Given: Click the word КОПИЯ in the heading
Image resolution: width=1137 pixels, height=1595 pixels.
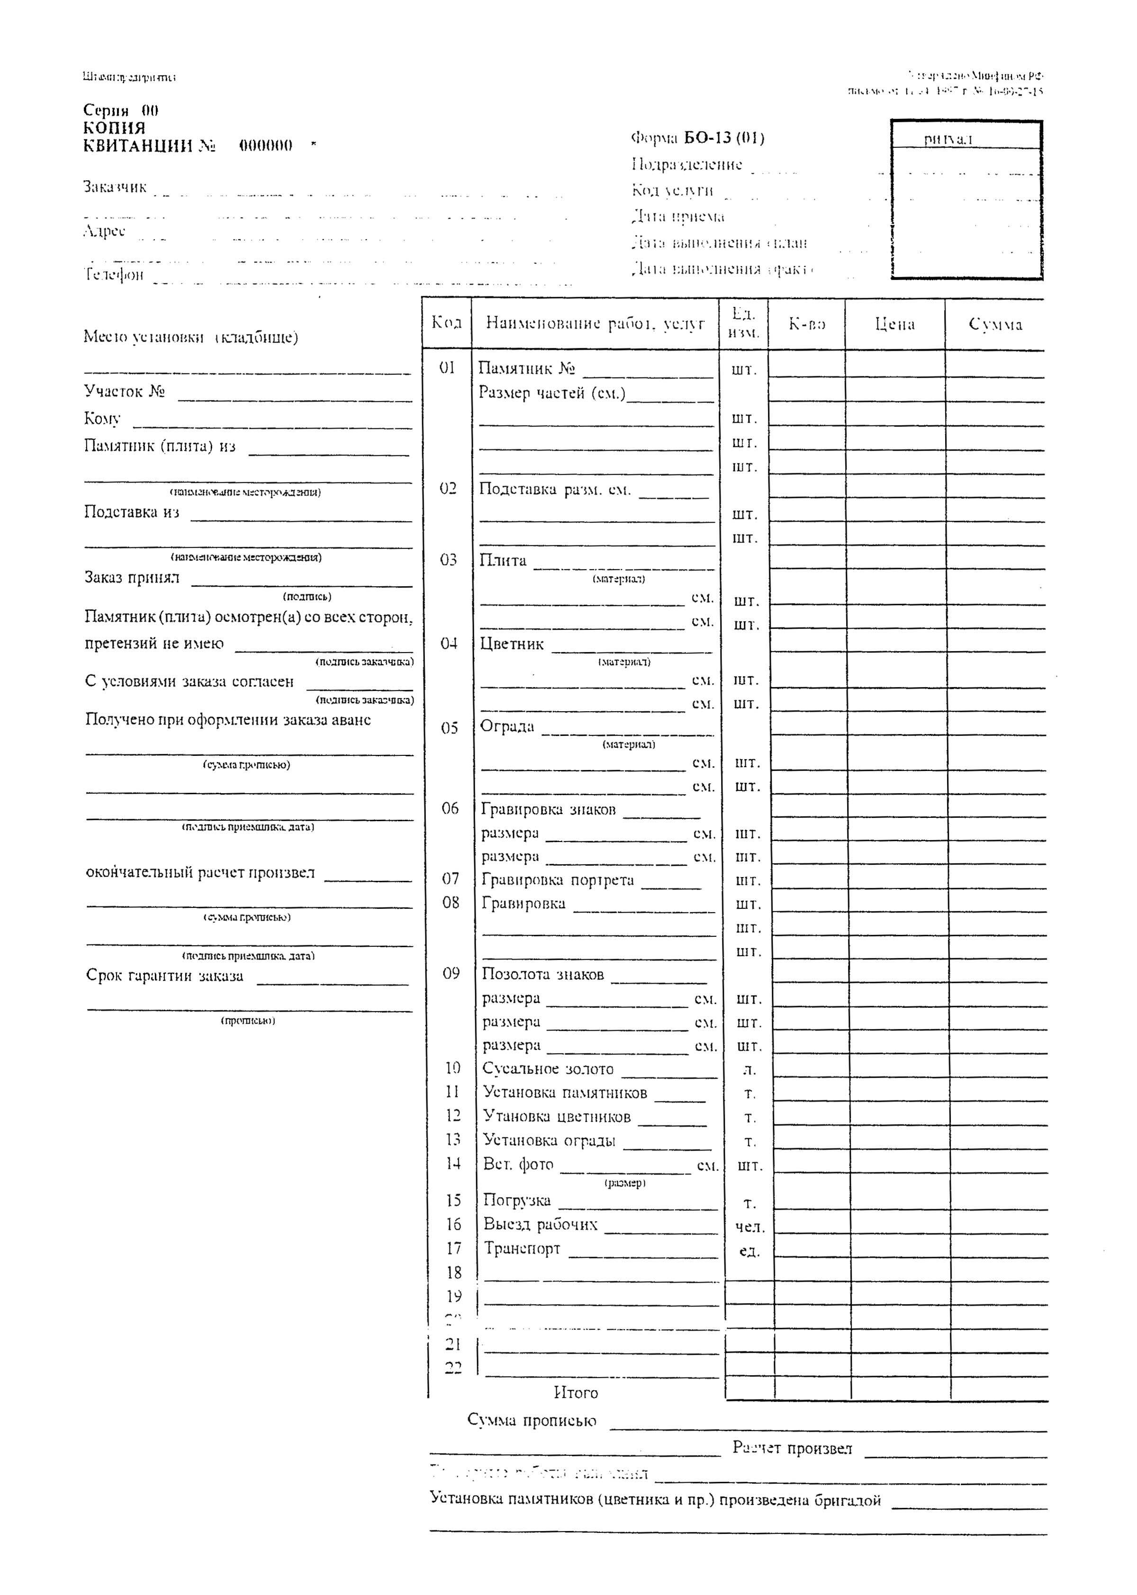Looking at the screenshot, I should coord(114,128).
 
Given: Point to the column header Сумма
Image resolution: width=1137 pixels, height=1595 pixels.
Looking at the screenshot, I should coord(995,324).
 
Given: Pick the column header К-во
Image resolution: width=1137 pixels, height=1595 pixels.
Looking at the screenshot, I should coord(806,324).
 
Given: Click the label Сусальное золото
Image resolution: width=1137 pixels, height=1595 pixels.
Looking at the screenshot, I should coord(548,1069).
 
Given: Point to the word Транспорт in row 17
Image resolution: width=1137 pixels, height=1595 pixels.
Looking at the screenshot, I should coord(522,1249).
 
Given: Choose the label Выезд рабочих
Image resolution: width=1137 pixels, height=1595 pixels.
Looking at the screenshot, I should coord(541,1224).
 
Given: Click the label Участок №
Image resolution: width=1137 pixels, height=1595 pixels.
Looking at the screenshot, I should coord(125,391).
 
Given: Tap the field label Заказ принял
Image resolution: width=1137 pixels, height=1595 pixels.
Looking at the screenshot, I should coord(132,578).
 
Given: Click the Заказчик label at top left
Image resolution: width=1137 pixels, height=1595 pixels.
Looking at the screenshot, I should coord(115,187).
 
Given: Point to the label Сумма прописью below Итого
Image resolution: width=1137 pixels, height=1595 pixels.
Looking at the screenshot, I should coord(532,1421).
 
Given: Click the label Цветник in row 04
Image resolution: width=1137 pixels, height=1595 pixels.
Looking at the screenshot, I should coord(512,644).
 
